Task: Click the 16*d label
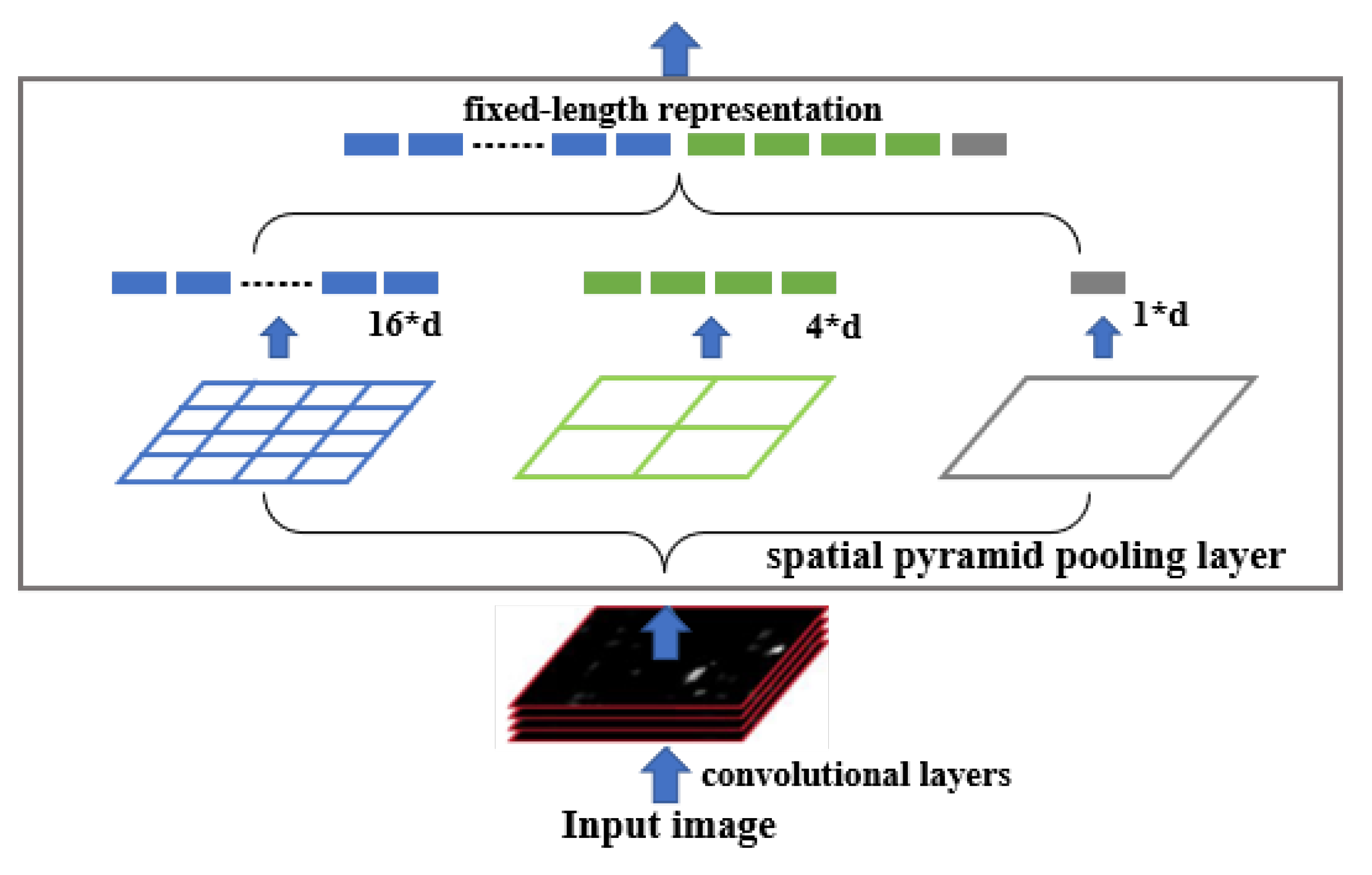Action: [405, 324]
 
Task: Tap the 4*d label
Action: [833, 327]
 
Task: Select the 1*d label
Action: [1160, 314]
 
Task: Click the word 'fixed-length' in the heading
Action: [555, 109]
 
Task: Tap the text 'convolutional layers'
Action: [856, 774]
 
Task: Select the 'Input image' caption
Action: [668, 825]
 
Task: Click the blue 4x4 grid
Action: [275, 432]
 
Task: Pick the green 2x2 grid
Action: [674, 428]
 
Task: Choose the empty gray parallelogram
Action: [1098, 428]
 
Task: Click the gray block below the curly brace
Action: [1097, 282]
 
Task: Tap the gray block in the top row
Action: [979, 144]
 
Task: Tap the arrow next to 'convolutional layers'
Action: [665, 774]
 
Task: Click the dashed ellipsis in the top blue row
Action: [508, 145]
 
